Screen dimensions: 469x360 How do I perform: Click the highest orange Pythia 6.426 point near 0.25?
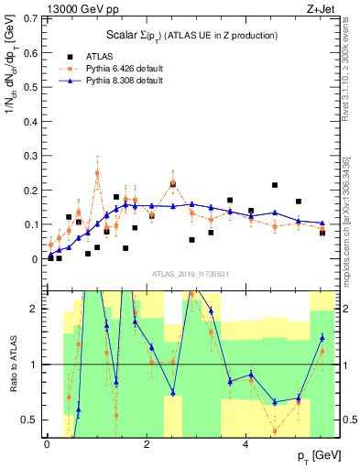coord(97,172)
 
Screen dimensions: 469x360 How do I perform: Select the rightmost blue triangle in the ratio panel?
coord(322,337)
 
